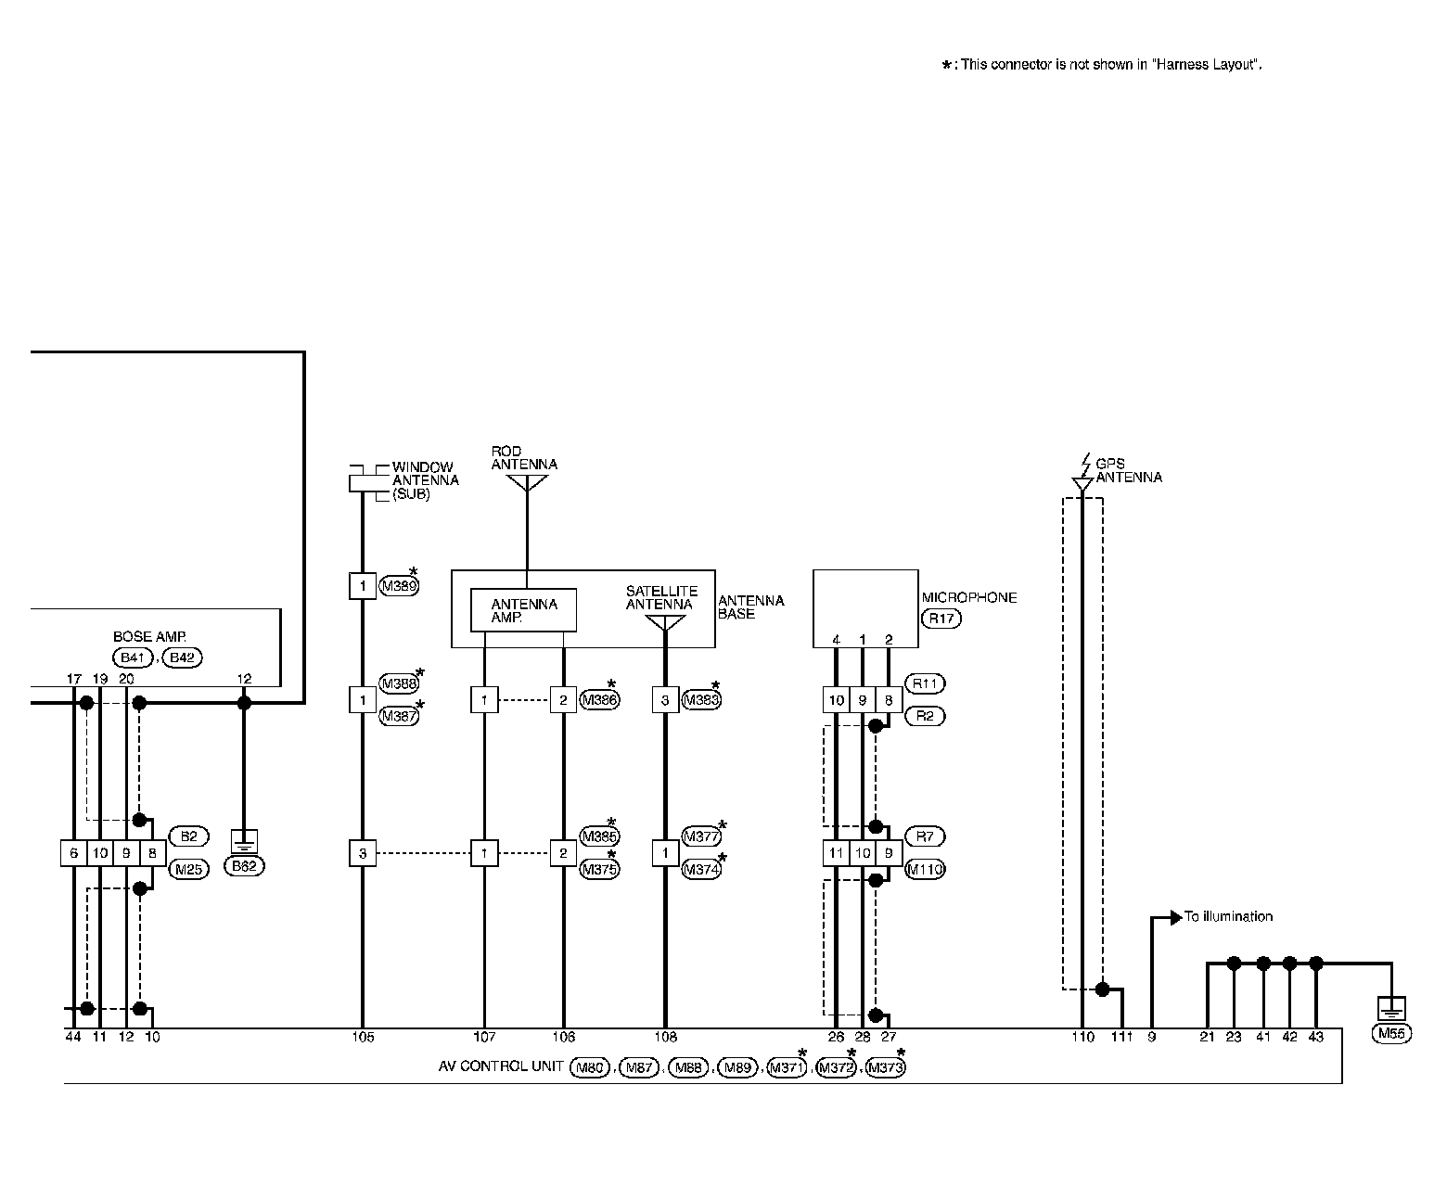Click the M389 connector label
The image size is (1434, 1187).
(x=399, y=586)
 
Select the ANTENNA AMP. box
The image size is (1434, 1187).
(x=523, y=610)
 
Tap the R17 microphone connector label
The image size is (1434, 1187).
(x=941, y=619)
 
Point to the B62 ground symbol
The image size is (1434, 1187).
(x=244, y=842)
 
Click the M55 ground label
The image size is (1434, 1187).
(x=1391, y=1034)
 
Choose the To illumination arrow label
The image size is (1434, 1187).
(x=1227, y=917)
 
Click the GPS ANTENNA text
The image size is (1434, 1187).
(x=1128, y=471)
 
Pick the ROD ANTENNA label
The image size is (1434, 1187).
(x=524, y=458)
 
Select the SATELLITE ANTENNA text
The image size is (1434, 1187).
(x=660, y=598)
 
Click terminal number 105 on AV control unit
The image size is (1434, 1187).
(x=363, y=1038)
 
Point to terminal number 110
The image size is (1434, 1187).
(x=1082, y=1038)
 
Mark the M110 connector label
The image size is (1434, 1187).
(x=924, y=870)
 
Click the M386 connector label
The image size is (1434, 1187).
(x=598, y=700)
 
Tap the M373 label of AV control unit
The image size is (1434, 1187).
(x=883, y=1068)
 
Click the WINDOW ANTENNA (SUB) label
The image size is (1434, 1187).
(x=425, y=480)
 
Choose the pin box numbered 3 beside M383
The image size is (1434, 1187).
(x=664, y=700)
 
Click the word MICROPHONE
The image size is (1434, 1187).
(x=968, y=598)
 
